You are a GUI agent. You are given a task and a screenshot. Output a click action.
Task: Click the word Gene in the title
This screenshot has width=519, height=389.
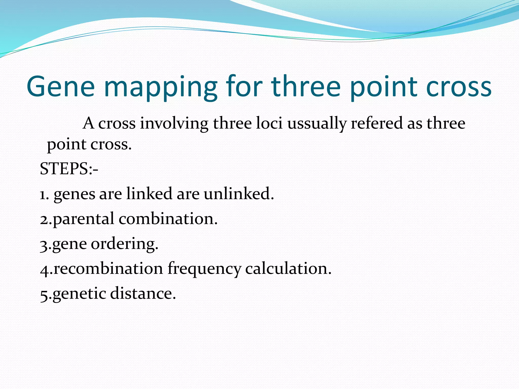pos(61,87)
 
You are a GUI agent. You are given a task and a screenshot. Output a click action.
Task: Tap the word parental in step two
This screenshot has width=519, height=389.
pos(84,219)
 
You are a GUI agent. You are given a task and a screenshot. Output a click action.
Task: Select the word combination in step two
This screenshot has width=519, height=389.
pos(168,219)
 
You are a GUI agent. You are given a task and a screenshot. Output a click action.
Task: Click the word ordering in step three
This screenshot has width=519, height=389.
pos(124,244)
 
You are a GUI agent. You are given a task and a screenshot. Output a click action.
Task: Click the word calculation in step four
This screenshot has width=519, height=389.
pos(288,268)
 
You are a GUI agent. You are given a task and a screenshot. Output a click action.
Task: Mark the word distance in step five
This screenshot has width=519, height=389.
pos(143,294)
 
